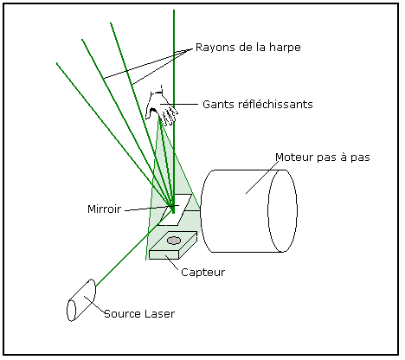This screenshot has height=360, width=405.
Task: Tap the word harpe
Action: [x=285, y=48]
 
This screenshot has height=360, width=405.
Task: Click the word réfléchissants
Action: [x=275, y=104]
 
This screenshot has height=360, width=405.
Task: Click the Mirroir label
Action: [x=104, y=209]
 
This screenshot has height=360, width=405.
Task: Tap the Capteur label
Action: [x=202, y=273]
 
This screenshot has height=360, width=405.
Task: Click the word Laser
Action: [x=160, y=314]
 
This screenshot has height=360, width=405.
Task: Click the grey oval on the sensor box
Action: [x=174, y=241]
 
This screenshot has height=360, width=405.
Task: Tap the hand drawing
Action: [x=161, y=106]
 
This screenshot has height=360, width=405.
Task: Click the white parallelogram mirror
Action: [x=176, y=209]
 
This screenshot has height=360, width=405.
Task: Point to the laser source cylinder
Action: [x=81, y=300]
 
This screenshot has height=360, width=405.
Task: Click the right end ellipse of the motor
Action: [x=282, y=211]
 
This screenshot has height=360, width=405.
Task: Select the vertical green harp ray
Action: [x=174, y=112]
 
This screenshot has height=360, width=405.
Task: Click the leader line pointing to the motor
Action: [x=262, y=177]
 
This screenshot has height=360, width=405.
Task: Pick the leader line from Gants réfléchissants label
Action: [x=179, y=104]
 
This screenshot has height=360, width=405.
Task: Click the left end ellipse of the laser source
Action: [x=71, y=310]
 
